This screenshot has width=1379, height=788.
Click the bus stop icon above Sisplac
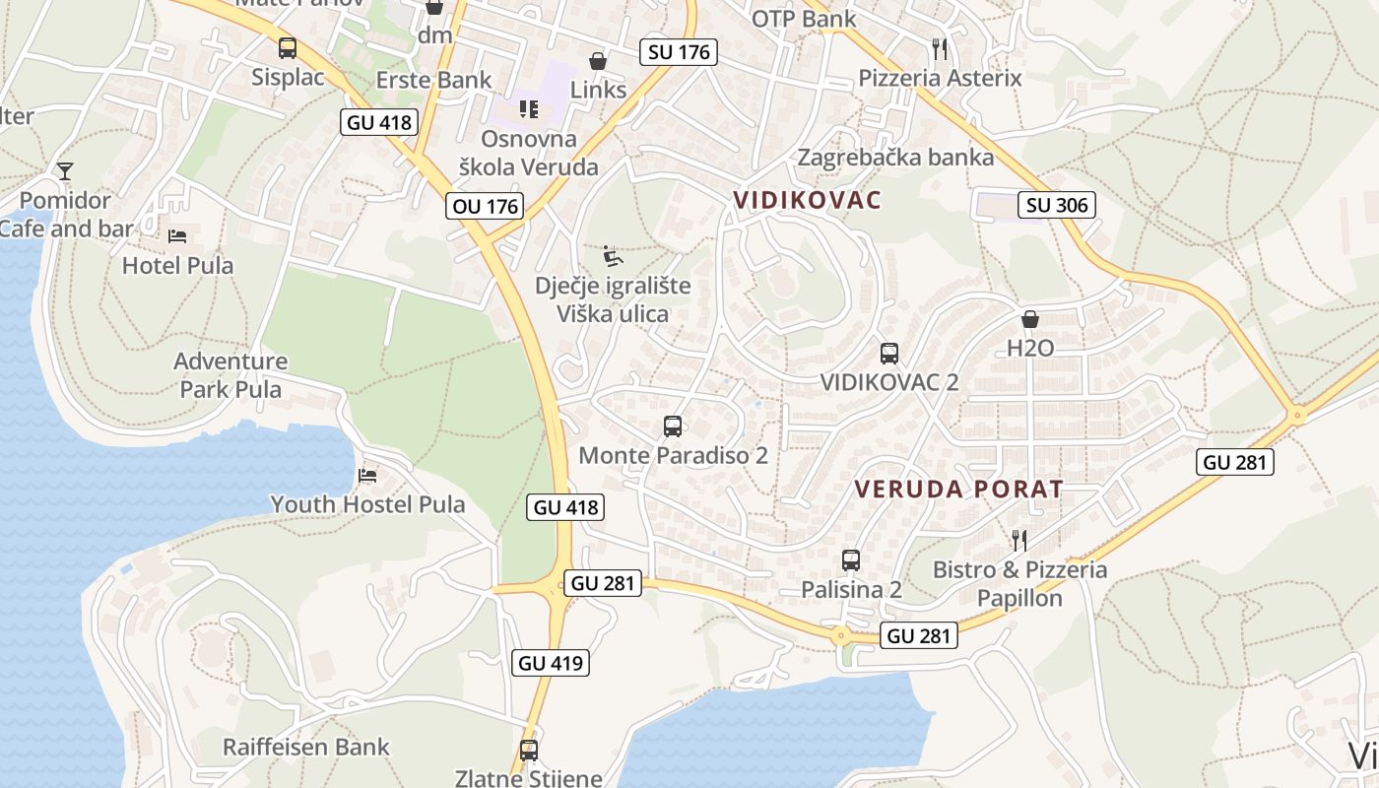coord(287,47)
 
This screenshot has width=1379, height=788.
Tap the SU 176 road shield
coord(679,52)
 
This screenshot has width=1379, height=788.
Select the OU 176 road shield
coord(485,206)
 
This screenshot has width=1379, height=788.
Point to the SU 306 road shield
coord(1058,205)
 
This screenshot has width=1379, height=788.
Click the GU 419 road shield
coord(552,663)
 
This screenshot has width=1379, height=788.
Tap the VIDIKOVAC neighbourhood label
coord(807,200)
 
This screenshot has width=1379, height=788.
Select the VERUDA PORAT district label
coord(958,489)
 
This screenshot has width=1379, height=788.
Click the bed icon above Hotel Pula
coord(177,235)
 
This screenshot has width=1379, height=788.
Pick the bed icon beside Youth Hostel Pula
coord(367,475)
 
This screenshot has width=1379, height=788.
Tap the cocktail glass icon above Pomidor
coord(65,171)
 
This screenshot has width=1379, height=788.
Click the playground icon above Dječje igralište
coord(613,256)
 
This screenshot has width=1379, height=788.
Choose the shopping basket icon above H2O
coord(1030,319)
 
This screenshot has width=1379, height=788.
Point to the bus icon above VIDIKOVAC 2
coord(888,353)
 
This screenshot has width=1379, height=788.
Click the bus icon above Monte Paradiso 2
coord(673,427)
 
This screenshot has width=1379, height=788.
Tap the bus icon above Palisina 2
coord(851,560)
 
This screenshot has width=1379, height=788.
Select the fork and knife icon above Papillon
coord(1019,540)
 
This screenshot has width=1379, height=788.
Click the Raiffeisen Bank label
coord(306,747)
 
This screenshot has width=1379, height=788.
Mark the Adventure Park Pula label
coord(230,375)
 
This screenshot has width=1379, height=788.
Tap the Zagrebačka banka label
coord(895,157)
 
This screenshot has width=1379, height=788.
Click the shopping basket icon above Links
coord(597,61)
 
